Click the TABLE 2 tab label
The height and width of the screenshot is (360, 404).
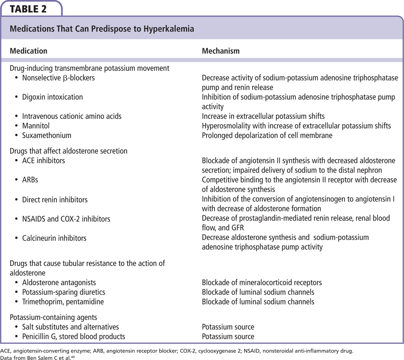tap(28, 8)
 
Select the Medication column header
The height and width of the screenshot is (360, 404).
tap(28, 51)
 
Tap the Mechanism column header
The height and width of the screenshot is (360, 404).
tap(221, 51)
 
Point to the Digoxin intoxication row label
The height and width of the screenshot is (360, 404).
tap(53, 97)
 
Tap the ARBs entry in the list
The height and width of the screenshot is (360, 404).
tap(31, 180)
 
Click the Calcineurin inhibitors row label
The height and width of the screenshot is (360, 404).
tap(55, 238)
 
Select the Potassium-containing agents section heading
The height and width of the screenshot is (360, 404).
tap(53, 318)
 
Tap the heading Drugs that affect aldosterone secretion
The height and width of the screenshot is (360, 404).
tap(68, 151)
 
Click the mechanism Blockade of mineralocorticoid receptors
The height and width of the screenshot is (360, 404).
tap(262, 283)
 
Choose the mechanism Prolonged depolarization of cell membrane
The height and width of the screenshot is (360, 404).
tap(267, 135)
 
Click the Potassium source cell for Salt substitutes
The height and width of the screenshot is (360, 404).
tap(228, 327)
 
